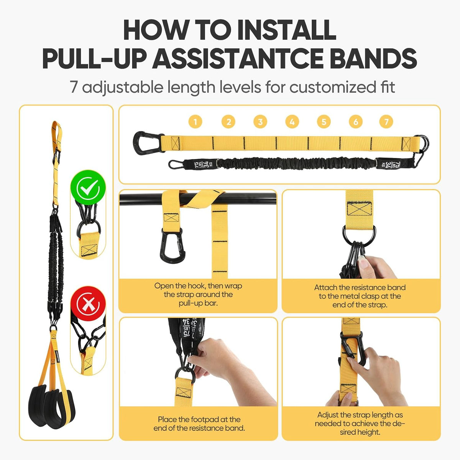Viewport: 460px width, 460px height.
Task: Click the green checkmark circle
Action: (88, 187)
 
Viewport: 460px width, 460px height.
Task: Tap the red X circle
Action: (88, 303)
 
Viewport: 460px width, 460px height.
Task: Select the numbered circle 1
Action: (195, 122)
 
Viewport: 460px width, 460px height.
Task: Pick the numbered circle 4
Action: (292, 122)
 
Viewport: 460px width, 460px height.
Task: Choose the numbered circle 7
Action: (386, 122)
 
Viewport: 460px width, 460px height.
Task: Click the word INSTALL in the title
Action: (287, 30)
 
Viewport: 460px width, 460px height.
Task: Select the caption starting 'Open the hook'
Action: (198, 294)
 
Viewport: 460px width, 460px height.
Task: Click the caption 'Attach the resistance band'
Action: (360, 296)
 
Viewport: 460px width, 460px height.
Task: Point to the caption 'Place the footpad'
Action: (199, 424)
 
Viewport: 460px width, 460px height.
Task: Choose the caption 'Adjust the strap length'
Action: (360, 424)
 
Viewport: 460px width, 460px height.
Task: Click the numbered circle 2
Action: (228, 122)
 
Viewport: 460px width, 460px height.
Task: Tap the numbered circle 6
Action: (356, 122)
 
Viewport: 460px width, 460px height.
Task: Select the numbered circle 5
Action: (324, 122)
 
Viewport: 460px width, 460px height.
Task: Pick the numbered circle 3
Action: (260, 122)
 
